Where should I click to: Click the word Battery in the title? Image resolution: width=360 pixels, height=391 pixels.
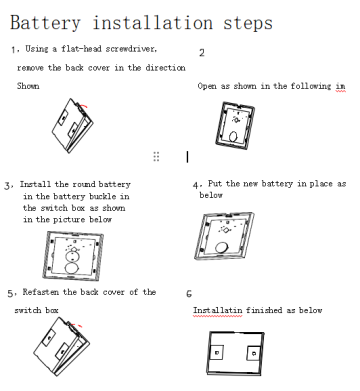click(45, 23)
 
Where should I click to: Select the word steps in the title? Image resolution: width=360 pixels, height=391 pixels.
click(248, 23)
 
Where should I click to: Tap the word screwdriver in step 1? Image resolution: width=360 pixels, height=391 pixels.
click(131, 49)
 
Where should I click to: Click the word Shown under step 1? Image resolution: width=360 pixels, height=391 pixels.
click(28, 86)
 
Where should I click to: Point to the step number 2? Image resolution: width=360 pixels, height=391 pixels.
click(202, 53)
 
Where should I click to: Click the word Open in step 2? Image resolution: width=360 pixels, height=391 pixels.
click(207, 86)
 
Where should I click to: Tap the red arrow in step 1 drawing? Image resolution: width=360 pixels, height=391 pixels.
click(84, 106)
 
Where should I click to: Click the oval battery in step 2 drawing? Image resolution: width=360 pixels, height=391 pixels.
click(233, 137)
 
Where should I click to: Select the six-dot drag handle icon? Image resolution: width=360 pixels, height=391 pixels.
click(156, 156)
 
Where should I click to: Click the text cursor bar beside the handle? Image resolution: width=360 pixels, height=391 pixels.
click(187, 157)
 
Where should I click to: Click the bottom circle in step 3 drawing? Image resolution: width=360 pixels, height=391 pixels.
click(72, 268)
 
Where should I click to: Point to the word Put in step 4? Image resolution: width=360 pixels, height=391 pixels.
click(215, 184)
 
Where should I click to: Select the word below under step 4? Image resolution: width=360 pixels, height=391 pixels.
click(211, 195)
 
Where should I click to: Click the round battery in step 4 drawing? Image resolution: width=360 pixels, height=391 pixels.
click(221, 247)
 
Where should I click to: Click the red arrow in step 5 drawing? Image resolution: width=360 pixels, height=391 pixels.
click(77, 324)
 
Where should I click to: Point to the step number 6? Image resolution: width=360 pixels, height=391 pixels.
click(189, 294)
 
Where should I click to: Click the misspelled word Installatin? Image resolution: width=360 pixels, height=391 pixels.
click(218, 310)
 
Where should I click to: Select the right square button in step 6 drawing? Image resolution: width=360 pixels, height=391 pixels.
click(254, 353)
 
